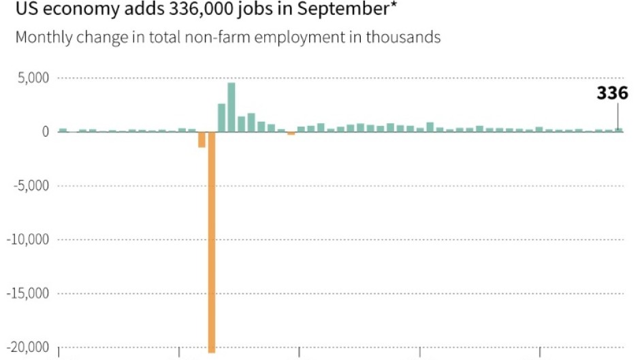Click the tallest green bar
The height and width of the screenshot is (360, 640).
pyautogui.click(x=231, y=107)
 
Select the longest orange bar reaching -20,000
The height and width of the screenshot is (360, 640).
pyautogui.click(x=212, y=242)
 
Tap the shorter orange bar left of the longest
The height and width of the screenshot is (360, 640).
pyautogui.click(x=202, y=139)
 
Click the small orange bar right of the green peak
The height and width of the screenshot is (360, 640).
pyautogui.click(x=291, y=133)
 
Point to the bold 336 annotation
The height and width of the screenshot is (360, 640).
pyautogui.click(x=612, y=94)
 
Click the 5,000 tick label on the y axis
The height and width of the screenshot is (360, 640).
pyautogui.click(x=33, y=78)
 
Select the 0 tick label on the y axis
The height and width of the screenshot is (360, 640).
pyautogui.click(x=45, y=131)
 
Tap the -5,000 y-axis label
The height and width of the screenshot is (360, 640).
pyautogui.click(x=31, y=185)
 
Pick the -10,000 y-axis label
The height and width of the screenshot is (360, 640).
pyautogui.click(x=28, y=240)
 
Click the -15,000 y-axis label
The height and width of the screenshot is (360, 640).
pyautogui.click(x=28, y=293)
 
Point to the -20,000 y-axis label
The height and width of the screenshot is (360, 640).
pyautogui.click(x=28, y=347)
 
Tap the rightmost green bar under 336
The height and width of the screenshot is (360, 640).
pyautogui.click(x=619, y=129)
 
